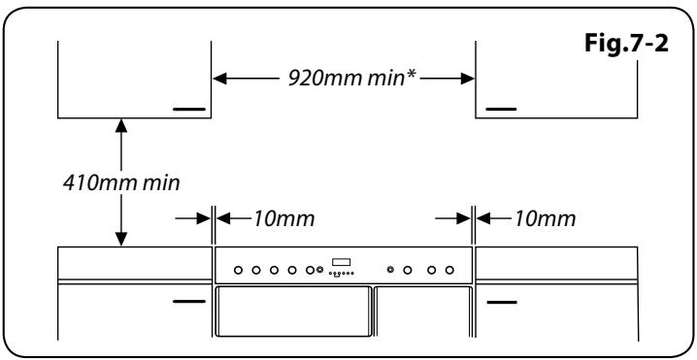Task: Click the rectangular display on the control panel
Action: click(x=341, y=262)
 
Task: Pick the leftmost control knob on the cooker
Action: click(x=238, y=269)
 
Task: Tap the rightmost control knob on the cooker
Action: click(x=449, y=269)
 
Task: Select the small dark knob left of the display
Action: click(x=320, y=269)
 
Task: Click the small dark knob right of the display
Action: click(x=390, y=269)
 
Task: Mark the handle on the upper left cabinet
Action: click(x=189, y=110)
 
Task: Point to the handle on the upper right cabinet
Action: click(x=502, y=110)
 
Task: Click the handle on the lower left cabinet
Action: click(x=189, y=302)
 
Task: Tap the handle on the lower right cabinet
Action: click(x=502, y=302)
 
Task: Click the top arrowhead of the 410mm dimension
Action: click(x=120, y=124)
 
